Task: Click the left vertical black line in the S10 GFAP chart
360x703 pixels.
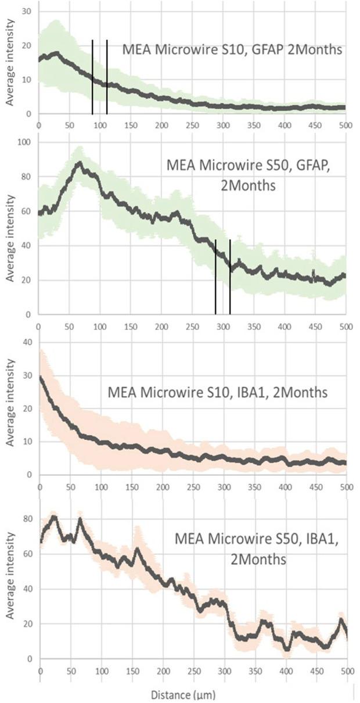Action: [x=92, y=77]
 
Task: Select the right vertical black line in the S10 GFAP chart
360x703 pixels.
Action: [x=107, y=77]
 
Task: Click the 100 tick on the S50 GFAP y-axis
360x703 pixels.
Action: [x=25, y=142]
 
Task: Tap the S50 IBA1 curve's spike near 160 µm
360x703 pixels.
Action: [x=138, y=548]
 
